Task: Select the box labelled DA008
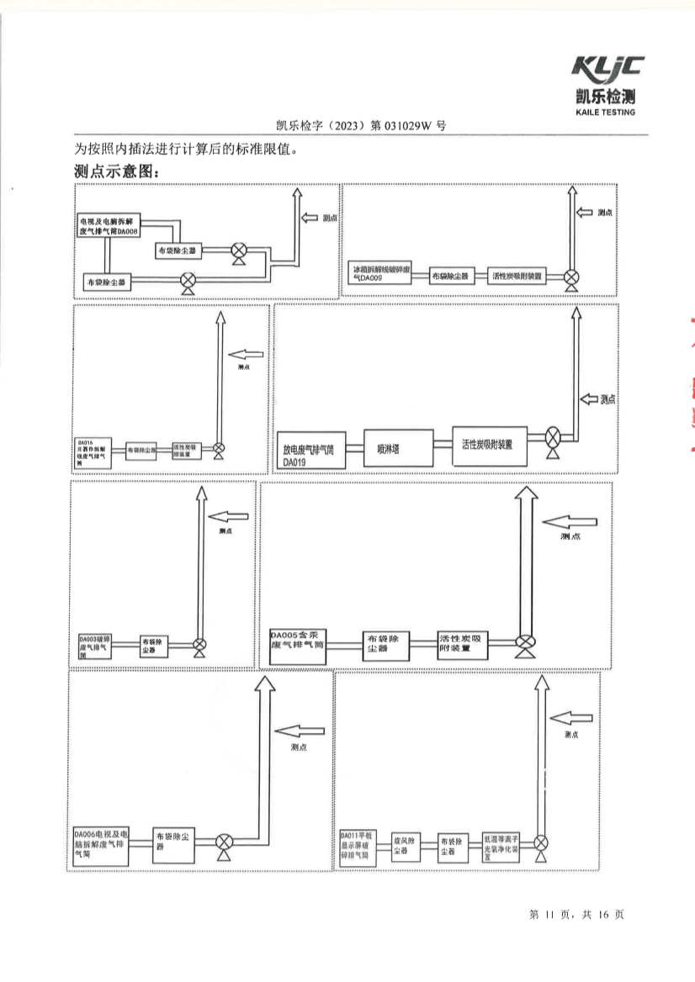tap(109, 224)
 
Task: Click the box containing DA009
tap(380, 276)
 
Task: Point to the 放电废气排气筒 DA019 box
tap(310, 455)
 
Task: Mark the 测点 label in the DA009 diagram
tap(604, 214)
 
